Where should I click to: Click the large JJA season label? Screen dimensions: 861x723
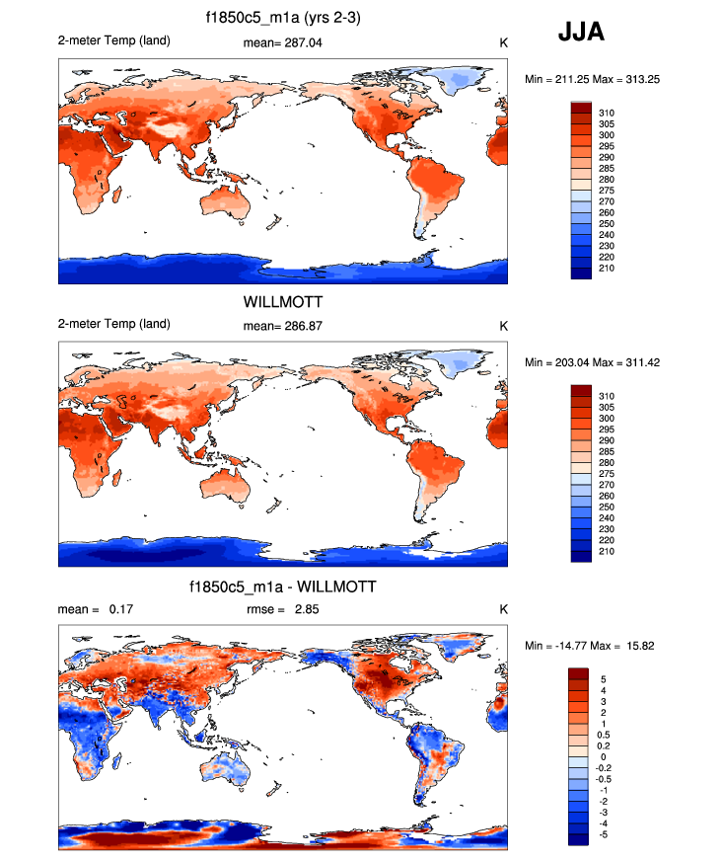(x=581, y=33)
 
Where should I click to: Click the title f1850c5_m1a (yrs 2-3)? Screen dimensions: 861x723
(x=282, y=21)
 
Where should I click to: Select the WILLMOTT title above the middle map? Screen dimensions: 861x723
(x=282, y=303)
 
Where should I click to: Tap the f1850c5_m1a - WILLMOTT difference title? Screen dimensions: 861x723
(x=282, y=587)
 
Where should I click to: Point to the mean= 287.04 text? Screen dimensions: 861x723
(x=282, y=43)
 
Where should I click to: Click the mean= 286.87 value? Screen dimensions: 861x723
(x=282, y=325)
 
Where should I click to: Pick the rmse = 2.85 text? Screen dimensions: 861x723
(x=282, y=609)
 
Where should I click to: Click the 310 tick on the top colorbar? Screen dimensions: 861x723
(x=607, y=113)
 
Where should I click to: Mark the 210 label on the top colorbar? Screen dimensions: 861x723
(x=607, y=269)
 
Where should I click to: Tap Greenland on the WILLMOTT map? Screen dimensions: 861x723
(x=455, y=366)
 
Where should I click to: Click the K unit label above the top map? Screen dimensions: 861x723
(x=503, y=43)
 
